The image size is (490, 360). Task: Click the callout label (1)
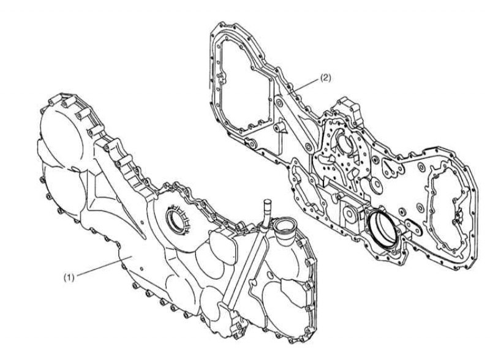tap(69, 277)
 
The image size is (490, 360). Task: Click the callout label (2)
tap(325, 78)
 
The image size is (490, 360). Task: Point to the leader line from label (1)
tap(104, 266)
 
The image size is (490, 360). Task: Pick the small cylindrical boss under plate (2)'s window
tap(279, 127)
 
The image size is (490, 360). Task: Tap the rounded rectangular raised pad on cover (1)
tap(222, 247)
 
